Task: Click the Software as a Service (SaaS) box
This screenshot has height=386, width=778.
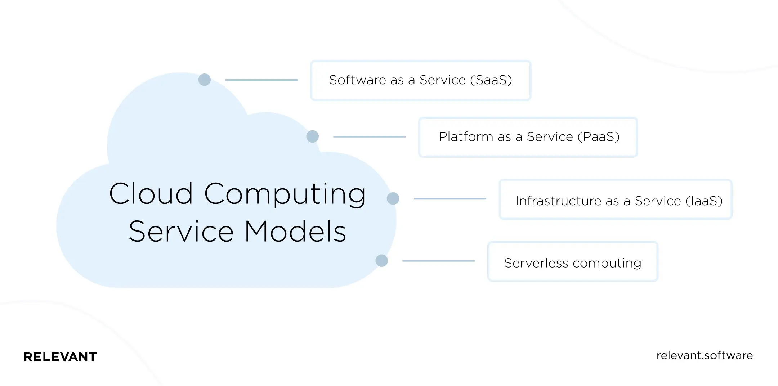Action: pos(420,80)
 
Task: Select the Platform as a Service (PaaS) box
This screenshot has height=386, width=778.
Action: pos(528,137)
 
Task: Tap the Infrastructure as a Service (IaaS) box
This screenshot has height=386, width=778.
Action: pos(616,199)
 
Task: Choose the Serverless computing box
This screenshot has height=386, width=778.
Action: pos(573,262)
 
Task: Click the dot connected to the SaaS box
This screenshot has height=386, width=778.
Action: pos(204,80)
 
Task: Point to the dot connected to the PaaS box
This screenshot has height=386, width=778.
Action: pos(312,136)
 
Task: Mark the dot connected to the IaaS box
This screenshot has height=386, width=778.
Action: pos(393,198)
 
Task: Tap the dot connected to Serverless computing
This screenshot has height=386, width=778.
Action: pos(381,261)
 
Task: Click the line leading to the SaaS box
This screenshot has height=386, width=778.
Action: pos(261,80)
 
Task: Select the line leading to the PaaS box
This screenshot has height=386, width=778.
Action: pos(369,137)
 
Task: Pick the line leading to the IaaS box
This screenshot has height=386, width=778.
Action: pos(450,199)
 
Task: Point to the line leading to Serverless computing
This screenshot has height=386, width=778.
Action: pos(438,261)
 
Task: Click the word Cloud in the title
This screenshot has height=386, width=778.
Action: pos(151,194)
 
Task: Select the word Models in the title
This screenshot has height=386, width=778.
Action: pos(295,232)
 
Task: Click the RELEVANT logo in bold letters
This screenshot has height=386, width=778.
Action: pos(60,357)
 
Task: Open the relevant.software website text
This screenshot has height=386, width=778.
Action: pos(705,356)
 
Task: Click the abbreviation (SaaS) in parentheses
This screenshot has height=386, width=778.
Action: pos(491,80)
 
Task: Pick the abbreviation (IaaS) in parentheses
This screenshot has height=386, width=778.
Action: pos(704,201)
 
